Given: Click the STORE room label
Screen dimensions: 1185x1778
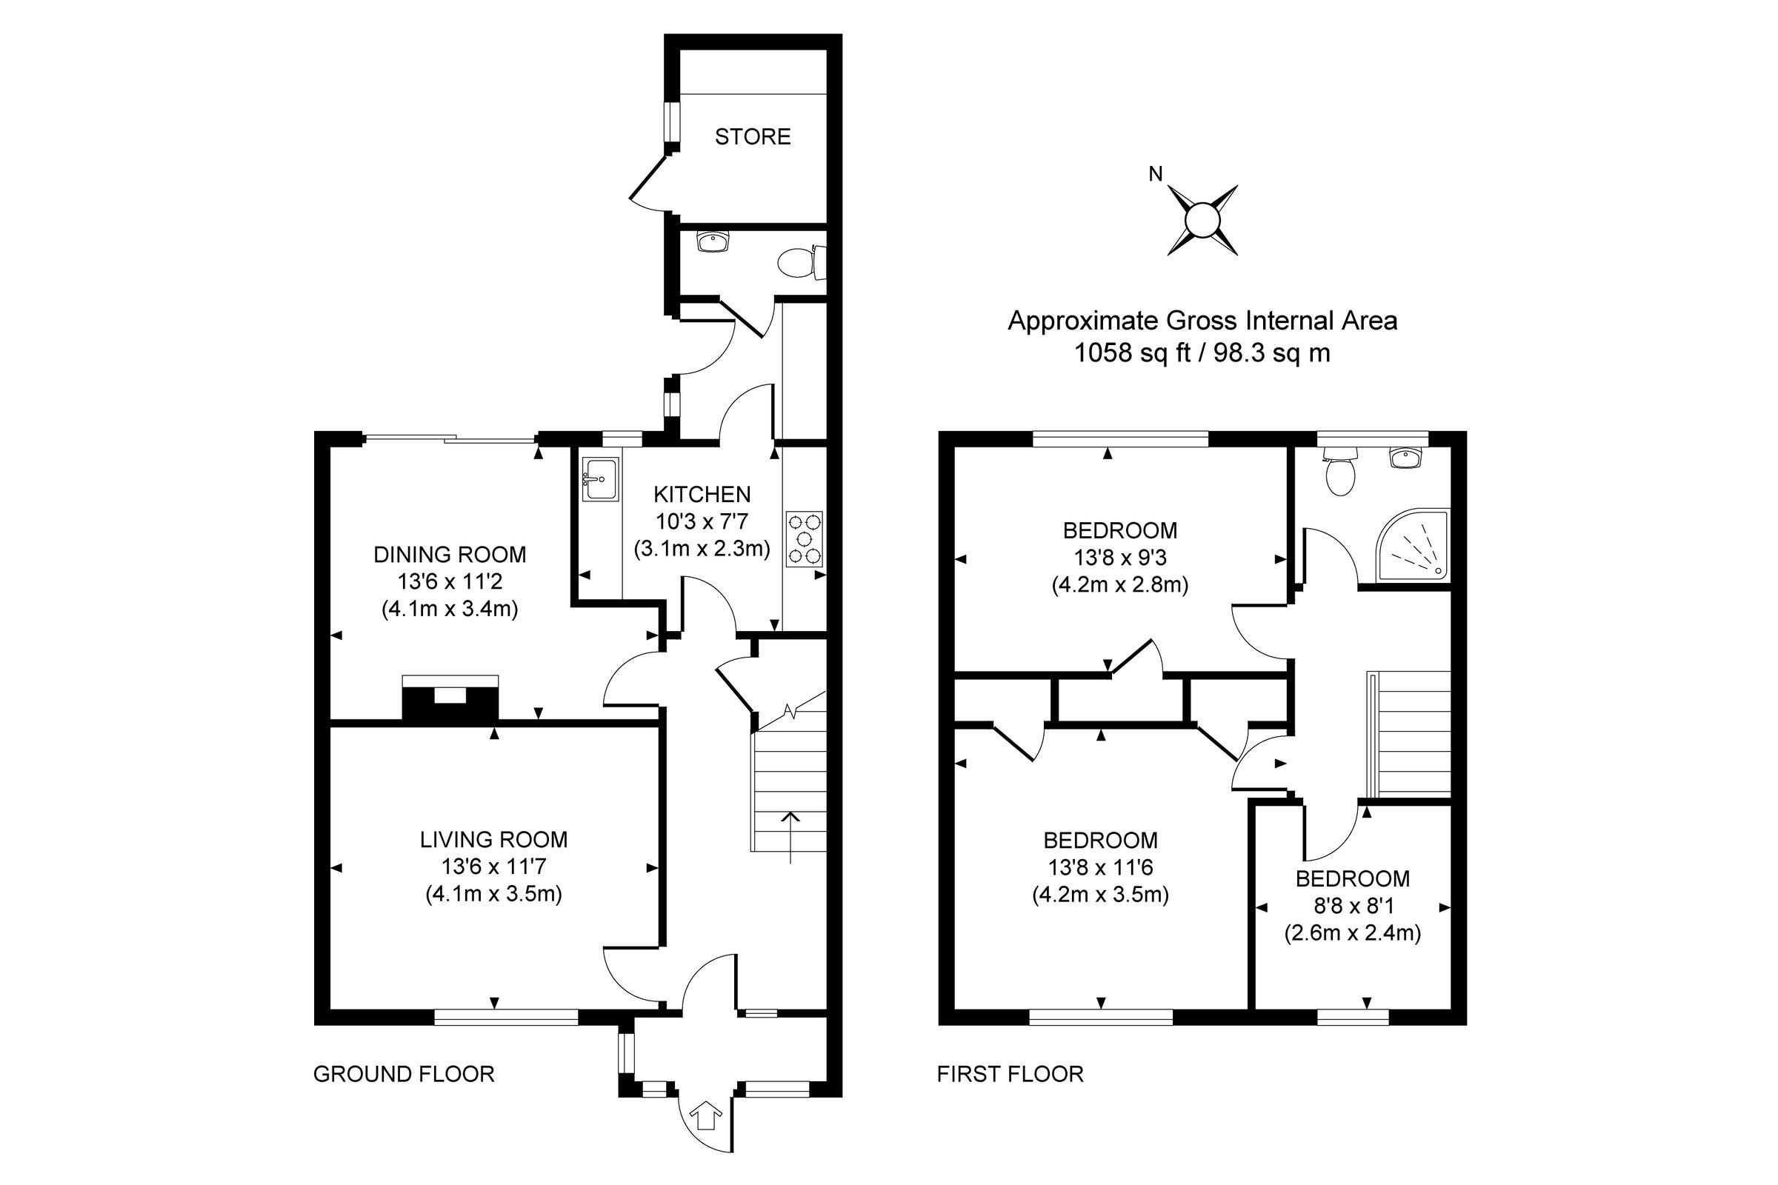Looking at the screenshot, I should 752,137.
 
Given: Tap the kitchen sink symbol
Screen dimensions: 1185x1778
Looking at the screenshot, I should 600,478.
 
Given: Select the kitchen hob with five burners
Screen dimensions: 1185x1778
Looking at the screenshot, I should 805,539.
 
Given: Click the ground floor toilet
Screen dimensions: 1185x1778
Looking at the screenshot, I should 798,262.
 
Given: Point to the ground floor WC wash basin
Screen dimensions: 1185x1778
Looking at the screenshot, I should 712,242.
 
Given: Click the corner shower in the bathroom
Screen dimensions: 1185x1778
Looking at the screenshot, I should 1412,546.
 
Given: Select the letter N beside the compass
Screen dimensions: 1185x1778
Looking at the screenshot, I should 1155,175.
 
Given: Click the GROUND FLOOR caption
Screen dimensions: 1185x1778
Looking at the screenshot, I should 404,1074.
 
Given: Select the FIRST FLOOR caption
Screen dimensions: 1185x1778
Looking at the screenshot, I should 1010,1074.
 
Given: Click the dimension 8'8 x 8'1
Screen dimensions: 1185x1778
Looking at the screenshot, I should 1353,905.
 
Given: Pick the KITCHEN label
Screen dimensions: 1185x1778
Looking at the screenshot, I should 702,494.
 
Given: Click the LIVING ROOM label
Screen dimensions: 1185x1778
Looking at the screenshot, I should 493,840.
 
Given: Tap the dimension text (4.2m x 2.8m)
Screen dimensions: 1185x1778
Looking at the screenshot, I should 1119,585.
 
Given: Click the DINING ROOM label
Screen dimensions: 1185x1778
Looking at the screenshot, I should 450,555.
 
